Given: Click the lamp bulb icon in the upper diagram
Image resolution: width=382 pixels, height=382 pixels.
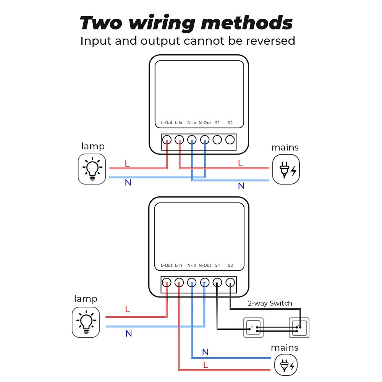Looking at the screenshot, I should (92, 169).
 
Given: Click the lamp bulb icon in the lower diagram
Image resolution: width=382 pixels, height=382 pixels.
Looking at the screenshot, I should (86, 322).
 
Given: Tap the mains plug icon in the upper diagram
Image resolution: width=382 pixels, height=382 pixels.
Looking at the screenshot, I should (286, 169).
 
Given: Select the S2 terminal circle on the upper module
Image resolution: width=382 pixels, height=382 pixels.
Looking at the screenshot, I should (230, 140).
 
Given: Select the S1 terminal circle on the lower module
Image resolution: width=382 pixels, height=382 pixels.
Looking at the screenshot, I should (217, 283).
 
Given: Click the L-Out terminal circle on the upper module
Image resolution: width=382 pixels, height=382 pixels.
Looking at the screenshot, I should (167, 140).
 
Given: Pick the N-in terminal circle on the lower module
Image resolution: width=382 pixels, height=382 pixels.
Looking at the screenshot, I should (192, 283).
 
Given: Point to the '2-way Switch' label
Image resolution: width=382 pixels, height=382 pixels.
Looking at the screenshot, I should (270, 303).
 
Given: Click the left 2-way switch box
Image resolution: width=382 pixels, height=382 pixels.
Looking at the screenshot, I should (254, 328).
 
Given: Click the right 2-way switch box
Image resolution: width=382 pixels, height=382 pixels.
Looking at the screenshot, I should (299, 328).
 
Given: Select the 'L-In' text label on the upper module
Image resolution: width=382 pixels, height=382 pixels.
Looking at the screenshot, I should (178, 123).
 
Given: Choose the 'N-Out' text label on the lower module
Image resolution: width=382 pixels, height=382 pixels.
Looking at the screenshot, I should (205, 265).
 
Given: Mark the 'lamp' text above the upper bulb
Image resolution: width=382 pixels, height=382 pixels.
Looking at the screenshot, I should (93, 146).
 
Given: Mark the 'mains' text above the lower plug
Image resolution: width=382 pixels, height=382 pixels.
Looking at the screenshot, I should (285, 348).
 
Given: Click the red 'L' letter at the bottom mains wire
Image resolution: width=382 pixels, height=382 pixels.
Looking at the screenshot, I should (206, 365).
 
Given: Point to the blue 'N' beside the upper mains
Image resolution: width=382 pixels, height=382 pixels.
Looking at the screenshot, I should (241, 186).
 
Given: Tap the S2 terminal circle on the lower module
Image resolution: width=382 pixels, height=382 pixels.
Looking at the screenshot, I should (230, 283).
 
